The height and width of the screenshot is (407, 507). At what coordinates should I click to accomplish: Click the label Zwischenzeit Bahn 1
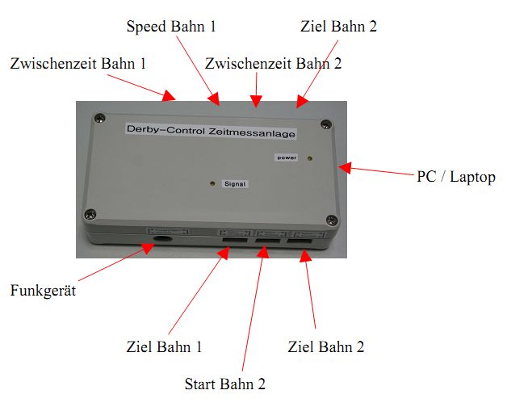pos(78,62)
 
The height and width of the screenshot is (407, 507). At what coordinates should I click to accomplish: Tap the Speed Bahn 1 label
pos(171,27)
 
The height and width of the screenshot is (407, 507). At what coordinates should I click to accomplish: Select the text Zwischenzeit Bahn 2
pos(274,62)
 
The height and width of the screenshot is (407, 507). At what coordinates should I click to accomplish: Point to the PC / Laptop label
pos(455,176)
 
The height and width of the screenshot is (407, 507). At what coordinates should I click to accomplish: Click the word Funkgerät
pos(44,290)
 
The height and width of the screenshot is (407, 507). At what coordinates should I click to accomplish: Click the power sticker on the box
pos(287,157)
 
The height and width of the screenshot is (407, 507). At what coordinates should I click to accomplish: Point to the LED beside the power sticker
pos(312,158)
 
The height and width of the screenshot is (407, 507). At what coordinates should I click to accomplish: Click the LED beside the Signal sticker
pos(212,184)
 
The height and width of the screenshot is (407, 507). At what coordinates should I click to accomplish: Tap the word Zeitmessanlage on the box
pos(256,131)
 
